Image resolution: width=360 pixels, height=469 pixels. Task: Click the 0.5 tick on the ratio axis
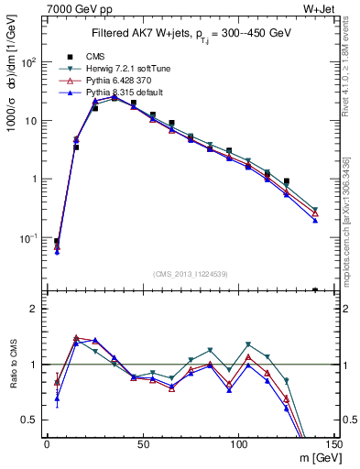coord(31,420)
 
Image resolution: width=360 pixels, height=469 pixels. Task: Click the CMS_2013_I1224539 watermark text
coord(190,274)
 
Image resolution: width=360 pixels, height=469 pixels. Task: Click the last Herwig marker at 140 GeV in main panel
coord(315,209)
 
